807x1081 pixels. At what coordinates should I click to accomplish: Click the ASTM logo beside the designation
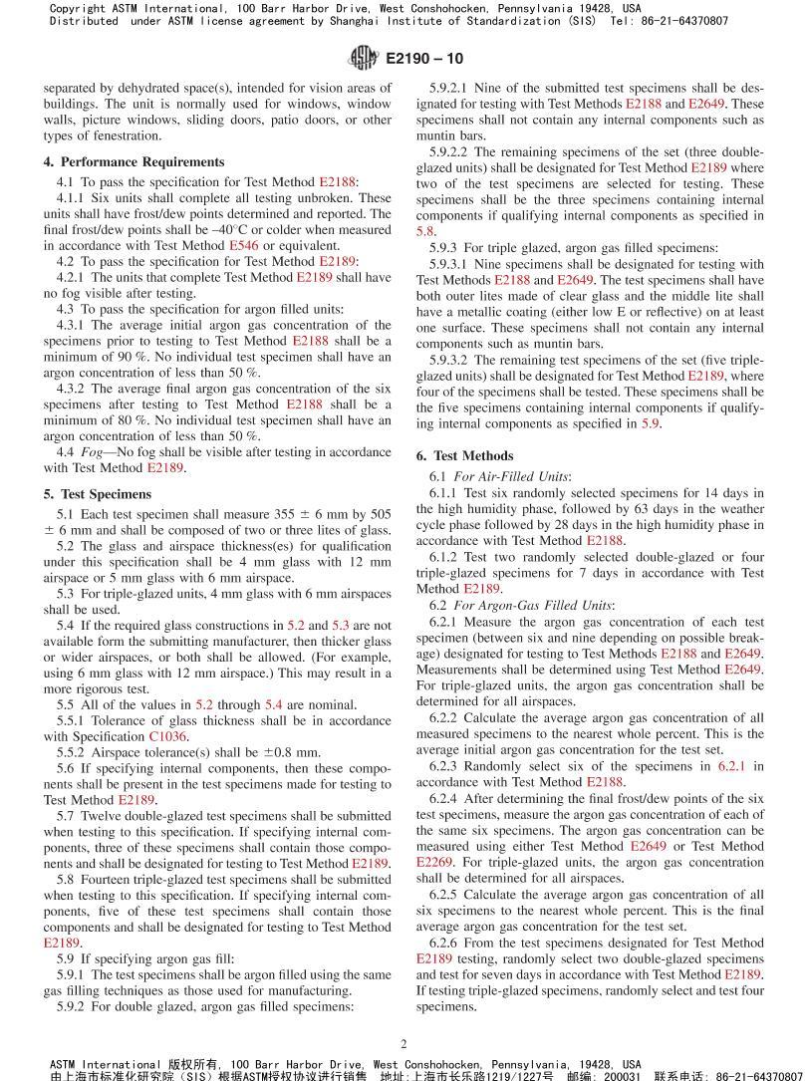pyautogui.click(x=364, y=59)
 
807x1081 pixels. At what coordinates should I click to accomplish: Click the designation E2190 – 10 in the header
pyautogui.click(x=423, y=60)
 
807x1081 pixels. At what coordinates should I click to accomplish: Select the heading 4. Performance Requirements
pyautogui.click(x=134, y=161)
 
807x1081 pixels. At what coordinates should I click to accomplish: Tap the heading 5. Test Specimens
pyautogui.click(x=97, y=493)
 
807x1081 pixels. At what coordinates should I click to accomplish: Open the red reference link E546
pyautogui.click(x=242, y=245)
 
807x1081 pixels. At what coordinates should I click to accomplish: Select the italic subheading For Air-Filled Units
pyautogui.click(x=512, y=476)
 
